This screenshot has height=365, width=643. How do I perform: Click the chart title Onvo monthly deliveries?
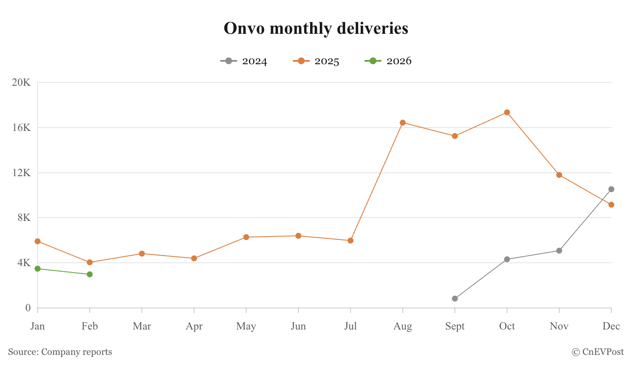tap(316, 28)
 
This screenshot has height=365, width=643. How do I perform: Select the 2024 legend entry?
tap(244, 61)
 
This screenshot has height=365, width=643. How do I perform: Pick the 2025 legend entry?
tap(316, 61)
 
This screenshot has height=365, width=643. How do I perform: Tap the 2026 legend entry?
tap(388, 61)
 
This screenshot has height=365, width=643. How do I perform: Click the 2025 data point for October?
tap(507, 112)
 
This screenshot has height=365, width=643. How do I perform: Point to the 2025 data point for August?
tap(403, 123)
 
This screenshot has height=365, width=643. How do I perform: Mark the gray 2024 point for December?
tap(611, 189)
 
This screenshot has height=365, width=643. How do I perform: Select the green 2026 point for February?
tap(89, 275)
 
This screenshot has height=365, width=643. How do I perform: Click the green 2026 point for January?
tap(38, 269)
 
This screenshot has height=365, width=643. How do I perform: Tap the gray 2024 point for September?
tap(455, 299)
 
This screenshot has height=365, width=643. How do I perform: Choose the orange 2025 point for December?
tap(611, 204)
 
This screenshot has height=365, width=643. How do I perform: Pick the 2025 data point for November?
tap(559, 175)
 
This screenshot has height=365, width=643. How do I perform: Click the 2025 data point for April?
tap(194, 259)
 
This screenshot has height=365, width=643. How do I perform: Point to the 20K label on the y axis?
tap(21, 82)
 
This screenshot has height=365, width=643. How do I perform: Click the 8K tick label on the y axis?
tap(24, 218)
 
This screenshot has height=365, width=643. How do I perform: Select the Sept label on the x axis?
tap(455, 326)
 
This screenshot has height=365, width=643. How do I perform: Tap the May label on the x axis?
tap(246, 327)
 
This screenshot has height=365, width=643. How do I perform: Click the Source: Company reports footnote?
tap(60, 352)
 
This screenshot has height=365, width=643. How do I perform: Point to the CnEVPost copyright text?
tap(598, 352)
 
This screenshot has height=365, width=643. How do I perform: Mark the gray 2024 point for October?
tap(507, 259)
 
